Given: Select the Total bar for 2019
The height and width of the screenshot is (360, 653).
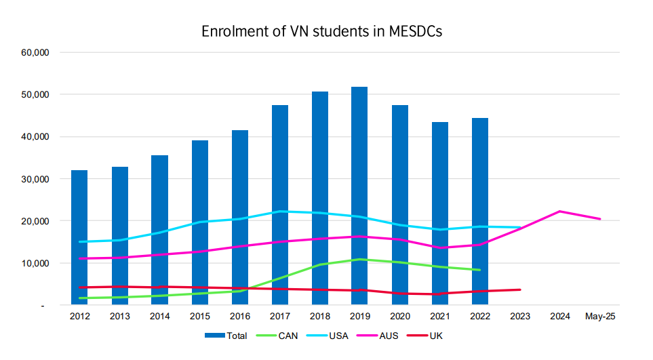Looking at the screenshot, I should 359,196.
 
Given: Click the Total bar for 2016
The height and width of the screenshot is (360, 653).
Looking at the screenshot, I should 239,217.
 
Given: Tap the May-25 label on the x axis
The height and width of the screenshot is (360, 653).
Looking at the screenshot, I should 600,316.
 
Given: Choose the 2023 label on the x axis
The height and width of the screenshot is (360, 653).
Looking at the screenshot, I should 520,316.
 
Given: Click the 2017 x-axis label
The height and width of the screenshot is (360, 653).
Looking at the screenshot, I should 279,316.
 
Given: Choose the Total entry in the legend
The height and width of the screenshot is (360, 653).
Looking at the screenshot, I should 229,335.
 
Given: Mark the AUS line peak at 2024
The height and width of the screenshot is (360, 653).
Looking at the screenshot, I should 560,212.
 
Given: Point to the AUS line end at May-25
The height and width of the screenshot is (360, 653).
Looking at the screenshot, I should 600,219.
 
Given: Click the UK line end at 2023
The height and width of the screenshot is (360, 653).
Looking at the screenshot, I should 520,289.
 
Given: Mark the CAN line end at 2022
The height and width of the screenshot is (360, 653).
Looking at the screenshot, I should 480,270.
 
